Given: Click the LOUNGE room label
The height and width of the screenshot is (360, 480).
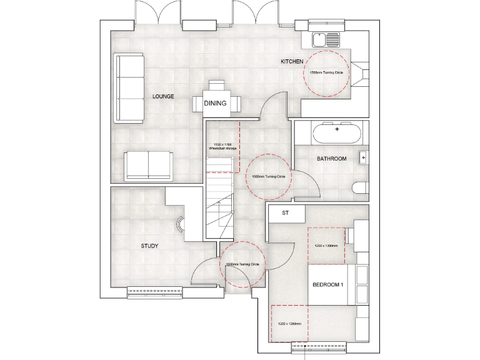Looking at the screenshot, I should (162, 97).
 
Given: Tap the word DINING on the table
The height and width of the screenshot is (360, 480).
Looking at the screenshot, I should (215, 104).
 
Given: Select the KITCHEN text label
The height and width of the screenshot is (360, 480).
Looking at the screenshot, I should (292, 62).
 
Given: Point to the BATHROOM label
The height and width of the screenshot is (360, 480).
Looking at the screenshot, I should (331, 159).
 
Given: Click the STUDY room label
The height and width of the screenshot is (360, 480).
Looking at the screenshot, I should (149, 246).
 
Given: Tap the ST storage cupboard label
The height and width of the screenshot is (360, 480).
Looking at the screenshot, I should (285, 214).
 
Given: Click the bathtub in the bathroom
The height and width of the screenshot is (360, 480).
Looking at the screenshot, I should (336, 133).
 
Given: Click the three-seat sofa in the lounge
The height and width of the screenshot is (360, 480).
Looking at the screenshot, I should (130, 89).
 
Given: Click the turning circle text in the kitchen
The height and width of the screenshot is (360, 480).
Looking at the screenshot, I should (327, 73).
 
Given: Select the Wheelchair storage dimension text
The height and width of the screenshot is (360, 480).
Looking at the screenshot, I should (222, 147).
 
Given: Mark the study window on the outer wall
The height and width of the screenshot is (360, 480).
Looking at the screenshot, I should (154, 290).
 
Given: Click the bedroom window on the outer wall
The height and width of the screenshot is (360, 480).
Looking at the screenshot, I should (317, 344).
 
